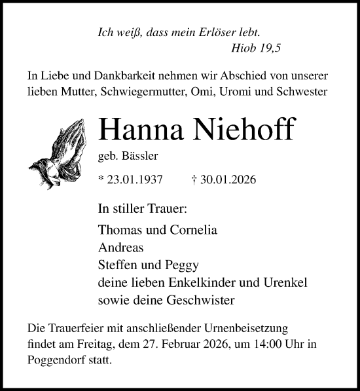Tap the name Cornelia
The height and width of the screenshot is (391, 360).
pos(194,231)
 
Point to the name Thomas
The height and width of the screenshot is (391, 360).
pos(118,231)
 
